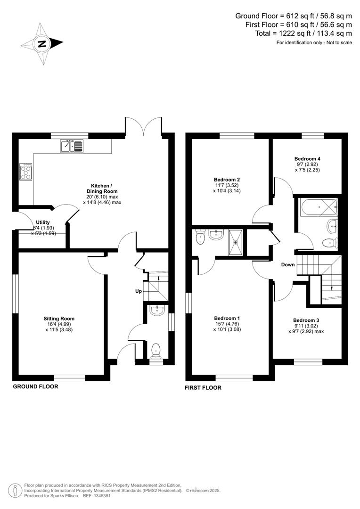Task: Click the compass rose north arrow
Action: pyautogui.click(x=42, y=44)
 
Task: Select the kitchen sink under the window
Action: pyautogui.click(x=71, y=146)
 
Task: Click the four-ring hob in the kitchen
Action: pyautogui.click(x=25, y=172)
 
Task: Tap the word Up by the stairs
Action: pyautogui.click(x=139, y=291)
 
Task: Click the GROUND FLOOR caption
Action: pyautogui.click(x=35, y=386)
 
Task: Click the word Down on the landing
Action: pyautogui.click(x=288, y=265)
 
